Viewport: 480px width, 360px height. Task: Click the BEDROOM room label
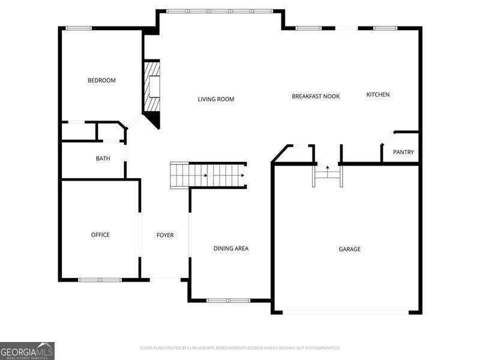[101, 80]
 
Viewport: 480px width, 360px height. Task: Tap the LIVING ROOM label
[216, 99]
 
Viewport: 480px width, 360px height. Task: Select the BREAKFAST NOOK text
[316, 96]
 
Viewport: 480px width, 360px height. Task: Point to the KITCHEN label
[378, 94]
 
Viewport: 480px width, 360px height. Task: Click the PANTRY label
[403, 152]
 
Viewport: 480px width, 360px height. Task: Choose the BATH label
[103, 158]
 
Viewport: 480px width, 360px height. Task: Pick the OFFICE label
[100, 235]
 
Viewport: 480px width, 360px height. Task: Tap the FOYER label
[165, 235]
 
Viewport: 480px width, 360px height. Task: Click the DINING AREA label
[231, 248]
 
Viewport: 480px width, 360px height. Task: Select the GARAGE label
[350, 249]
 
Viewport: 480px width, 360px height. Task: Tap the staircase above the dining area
[208, 175]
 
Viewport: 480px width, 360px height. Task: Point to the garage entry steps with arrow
[327, 174]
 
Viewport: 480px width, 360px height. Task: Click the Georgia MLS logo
[27, 350]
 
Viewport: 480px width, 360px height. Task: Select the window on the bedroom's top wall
[79, 28]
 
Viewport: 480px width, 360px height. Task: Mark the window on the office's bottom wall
[100, 280]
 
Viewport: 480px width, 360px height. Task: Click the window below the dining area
[228, 300]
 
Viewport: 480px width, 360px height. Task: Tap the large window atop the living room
[219, 11]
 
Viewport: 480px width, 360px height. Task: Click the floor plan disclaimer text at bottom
[240, 347]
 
